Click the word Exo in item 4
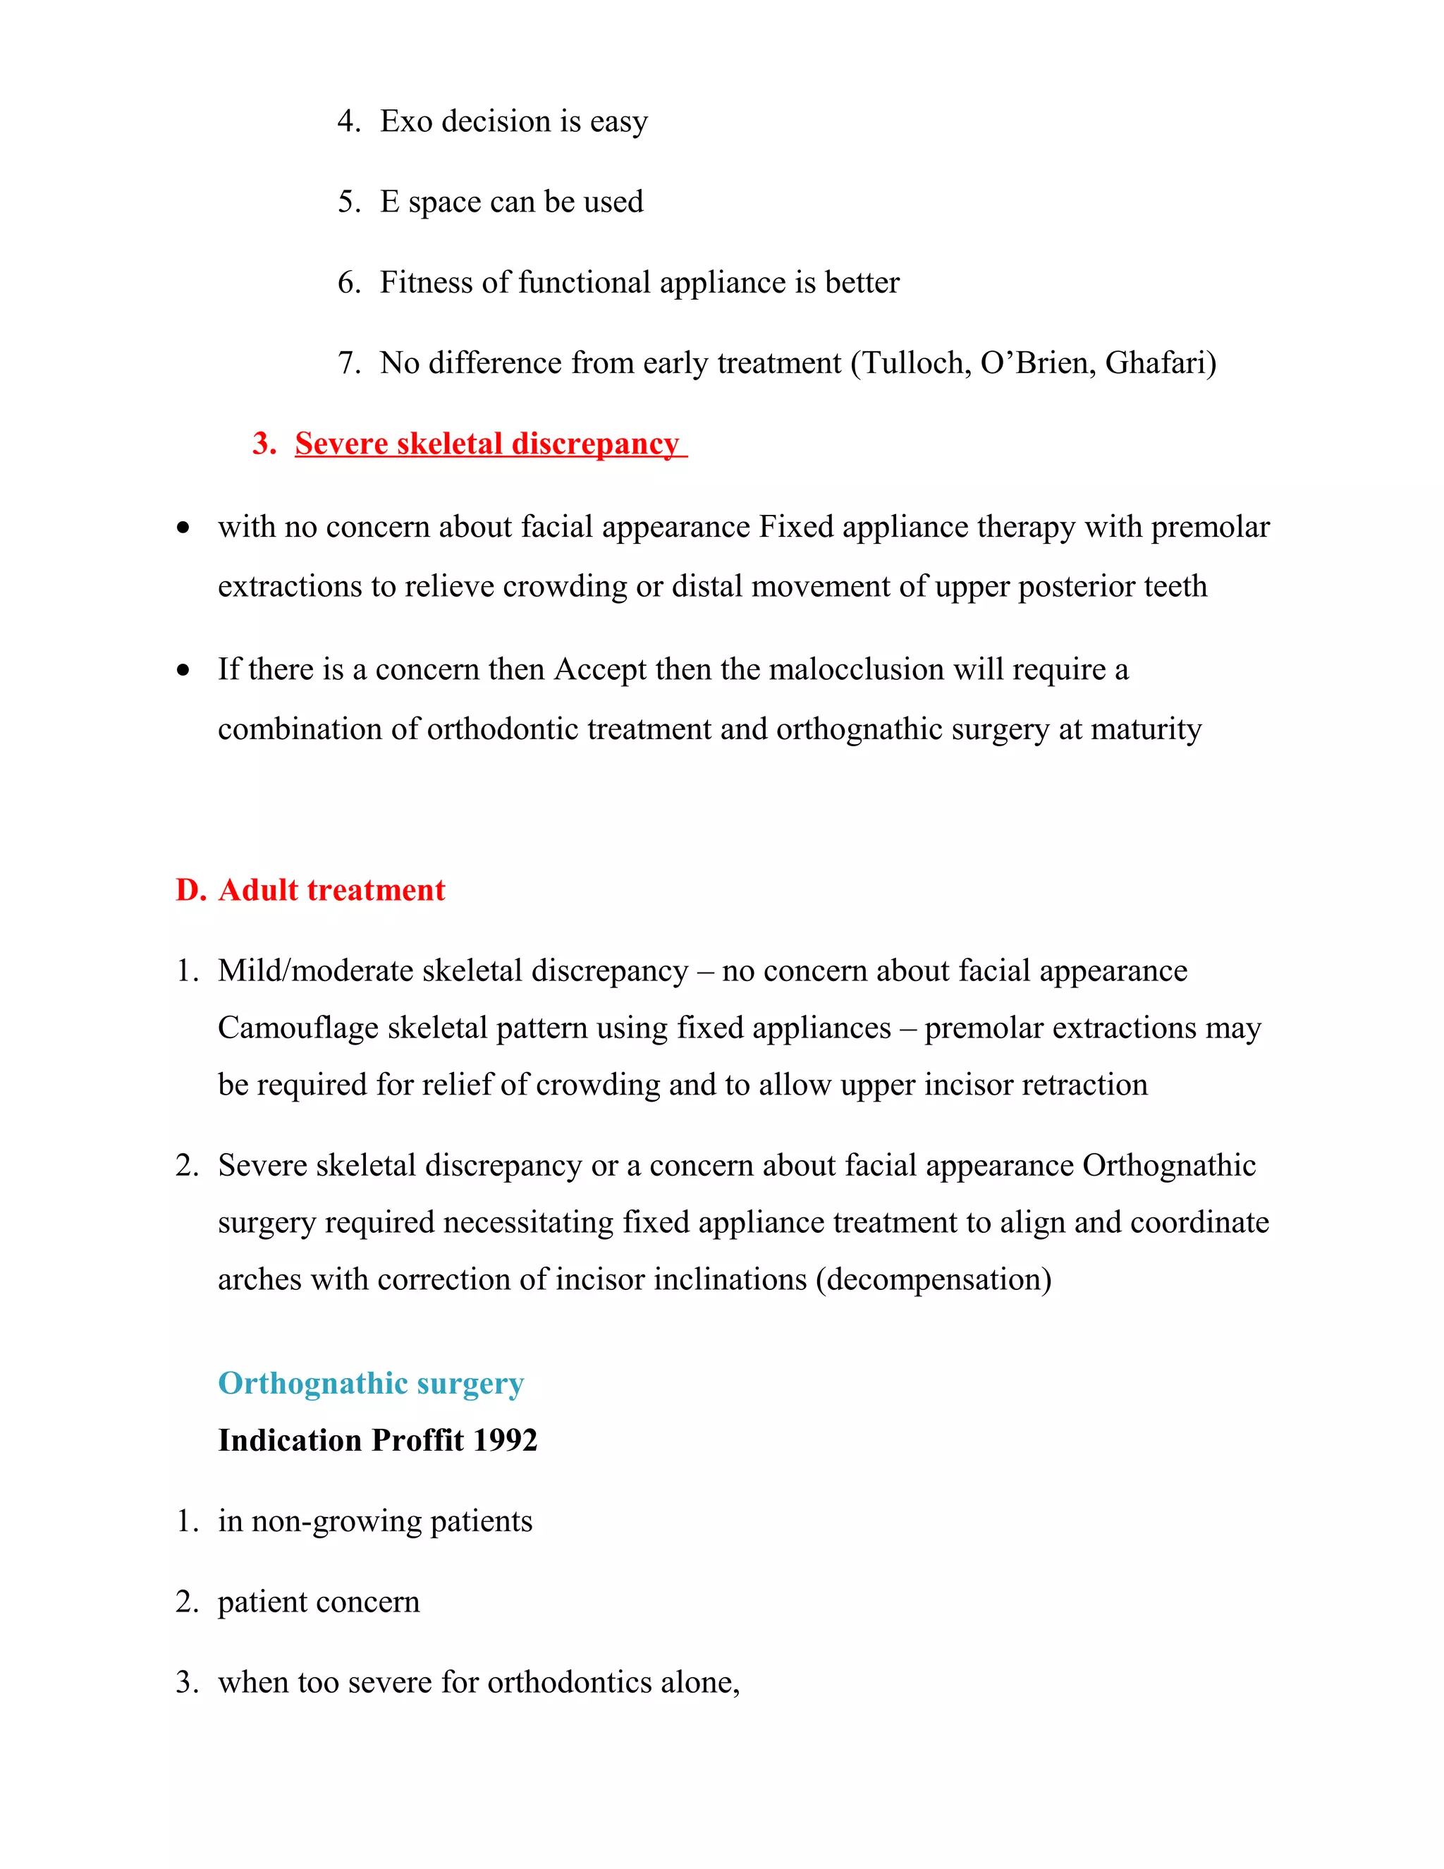405,121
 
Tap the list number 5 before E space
348,202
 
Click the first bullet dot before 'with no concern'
183,529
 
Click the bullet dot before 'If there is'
183,671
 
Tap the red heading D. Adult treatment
310,890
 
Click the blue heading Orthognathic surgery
370,1384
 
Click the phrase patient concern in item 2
318,1602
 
